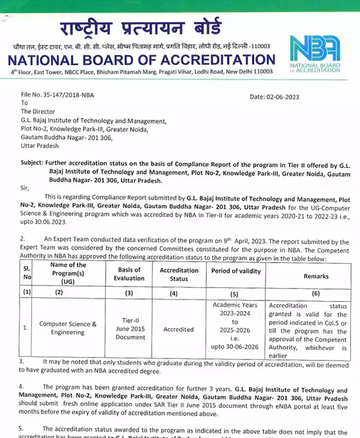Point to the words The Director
pyautogui.click(x=40, y=112)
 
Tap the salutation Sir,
pyautogui.click(x=25, y=188)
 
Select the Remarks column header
pyautogui.click(x=316, y=276)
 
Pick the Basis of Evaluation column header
pyautogui.click(x=129, y=274)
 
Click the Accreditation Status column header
pyautogui.click(x=179, y=274)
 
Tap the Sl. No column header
pyautogui.click(x=26, y=274)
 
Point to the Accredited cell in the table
pyautogui.click(x=179, y=329)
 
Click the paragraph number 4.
pyautogui.click(x=22, y=386)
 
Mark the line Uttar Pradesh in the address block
pyautogui.click(x=40, y=146)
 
